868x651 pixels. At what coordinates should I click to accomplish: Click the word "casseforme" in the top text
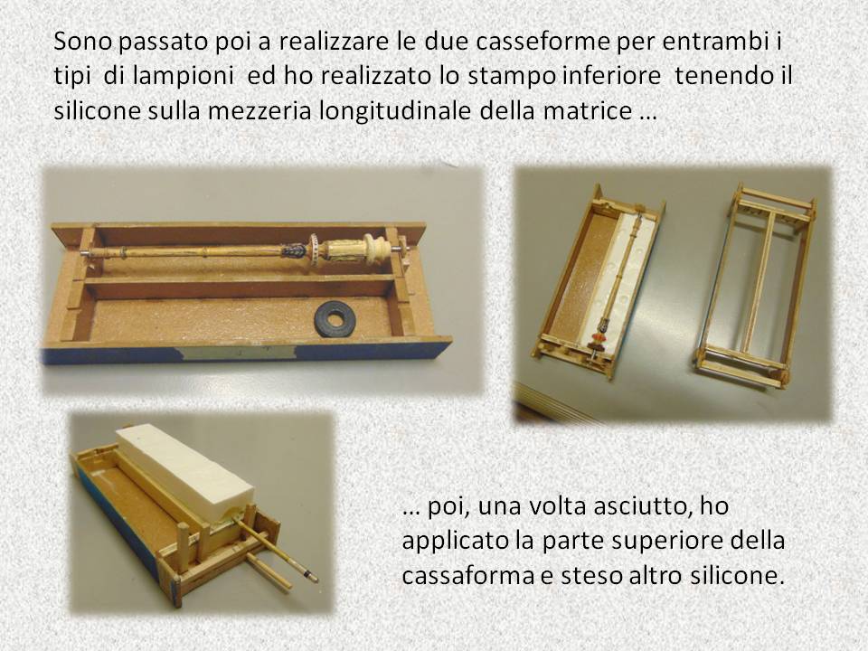click(517, 42)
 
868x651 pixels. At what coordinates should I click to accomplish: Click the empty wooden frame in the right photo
click(755, 287)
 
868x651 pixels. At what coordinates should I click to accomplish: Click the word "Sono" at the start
click(82, 42)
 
